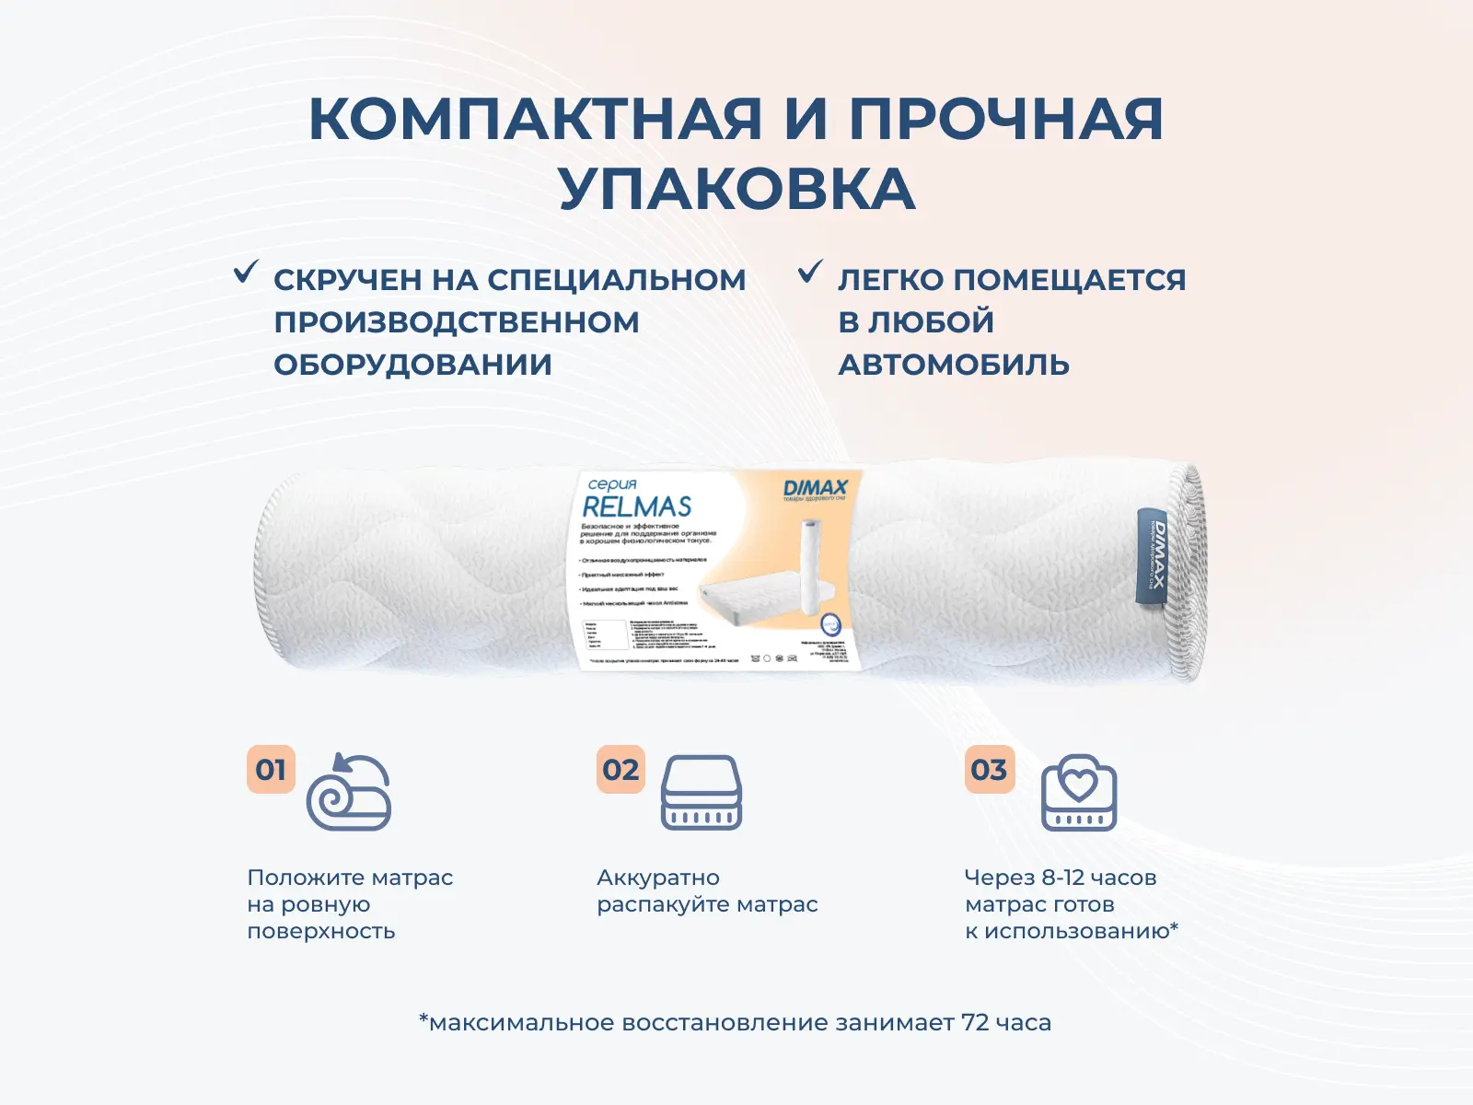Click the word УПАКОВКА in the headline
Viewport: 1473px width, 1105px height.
click(736, 189)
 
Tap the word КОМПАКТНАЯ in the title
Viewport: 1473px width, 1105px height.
click(535, 119)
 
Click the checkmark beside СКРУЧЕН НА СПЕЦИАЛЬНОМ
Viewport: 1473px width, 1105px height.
click(246, 272)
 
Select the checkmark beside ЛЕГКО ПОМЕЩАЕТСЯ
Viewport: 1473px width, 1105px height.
click(810, 272)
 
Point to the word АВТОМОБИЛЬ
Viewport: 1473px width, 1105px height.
click(953, 365)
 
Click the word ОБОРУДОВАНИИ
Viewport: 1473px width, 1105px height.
click(412, 365)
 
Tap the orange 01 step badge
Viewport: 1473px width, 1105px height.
click(271, 769)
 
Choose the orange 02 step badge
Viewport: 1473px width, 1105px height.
click(621, 769)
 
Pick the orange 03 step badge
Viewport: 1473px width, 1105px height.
click(989, 769)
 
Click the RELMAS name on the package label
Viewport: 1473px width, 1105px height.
click(636, 506)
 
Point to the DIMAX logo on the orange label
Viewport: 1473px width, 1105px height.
click(815, 488)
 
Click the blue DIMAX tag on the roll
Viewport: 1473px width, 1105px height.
click(1152, 556)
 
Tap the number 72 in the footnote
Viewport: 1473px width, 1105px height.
click(976, 1022)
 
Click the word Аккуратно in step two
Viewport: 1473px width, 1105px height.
click(658, 878)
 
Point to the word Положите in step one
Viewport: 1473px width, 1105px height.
click(299, 878)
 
